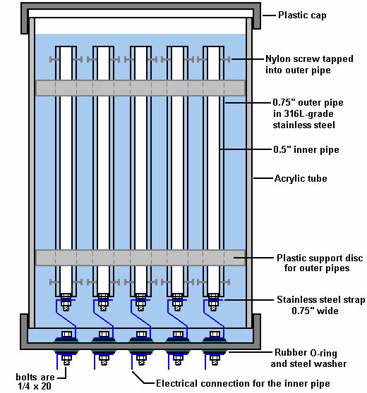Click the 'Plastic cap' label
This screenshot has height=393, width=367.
pos(302,15)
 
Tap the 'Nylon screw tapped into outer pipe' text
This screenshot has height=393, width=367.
pos(309,64)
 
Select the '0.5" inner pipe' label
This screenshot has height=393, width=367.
pos(306,149)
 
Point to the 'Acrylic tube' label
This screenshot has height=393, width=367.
pos(301,178)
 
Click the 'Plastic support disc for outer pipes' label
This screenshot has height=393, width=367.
pos(320,263)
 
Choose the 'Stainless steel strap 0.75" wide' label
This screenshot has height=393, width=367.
pos(321,305)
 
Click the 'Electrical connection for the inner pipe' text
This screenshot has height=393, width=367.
pos(243,383)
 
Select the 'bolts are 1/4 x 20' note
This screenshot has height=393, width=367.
pos(35,382)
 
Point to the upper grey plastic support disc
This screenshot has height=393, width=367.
pos(140,88)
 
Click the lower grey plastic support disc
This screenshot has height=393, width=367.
pos(140,258)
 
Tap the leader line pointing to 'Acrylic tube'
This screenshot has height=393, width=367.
pos(263,178)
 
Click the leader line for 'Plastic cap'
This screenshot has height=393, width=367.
pos(269,15)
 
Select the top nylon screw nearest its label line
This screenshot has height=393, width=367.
pos(225,59)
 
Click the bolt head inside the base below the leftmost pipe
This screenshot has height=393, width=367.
pos(66,335)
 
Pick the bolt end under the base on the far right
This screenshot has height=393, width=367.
pos(215,360)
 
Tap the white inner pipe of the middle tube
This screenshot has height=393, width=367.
pos(140,170)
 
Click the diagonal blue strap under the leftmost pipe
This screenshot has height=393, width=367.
pos(66,319)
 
